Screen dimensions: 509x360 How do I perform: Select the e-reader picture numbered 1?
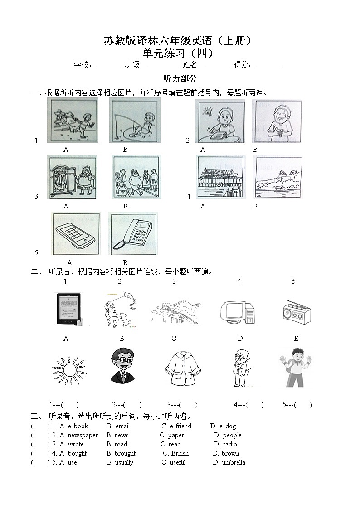pos(68,309)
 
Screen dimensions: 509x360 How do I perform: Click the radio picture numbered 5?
pos(296,311)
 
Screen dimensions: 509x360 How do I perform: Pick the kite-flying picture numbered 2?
pos(120,309)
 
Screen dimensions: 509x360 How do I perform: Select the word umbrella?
pos(234,462)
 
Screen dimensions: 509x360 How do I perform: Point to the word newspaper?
pos(83,435)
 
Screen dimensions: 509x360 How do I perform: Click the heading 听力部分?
pos(180,79)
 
